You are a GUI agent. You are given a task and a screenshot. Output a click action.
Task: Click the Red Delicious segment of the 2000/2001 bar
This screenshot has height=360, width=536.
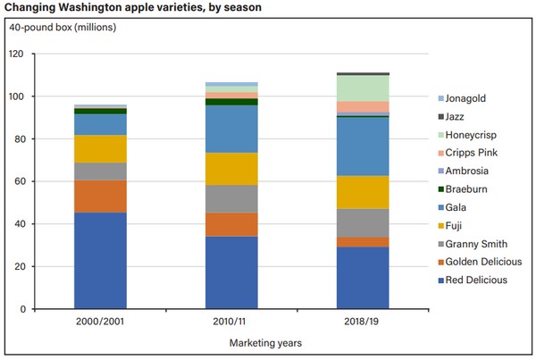(99, 260)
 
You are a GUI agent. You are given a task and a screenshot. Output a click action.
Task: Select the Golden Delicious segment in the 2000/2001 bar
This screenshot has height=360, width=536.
(99, 197)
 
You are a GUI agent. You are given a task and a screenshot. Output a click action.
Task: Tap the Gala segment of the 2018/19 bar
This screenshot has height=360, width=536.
(363, 147)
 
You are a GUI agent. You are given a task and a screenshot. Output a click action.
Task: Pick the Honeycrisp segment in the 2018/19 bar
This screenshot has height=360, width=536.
(363, 88)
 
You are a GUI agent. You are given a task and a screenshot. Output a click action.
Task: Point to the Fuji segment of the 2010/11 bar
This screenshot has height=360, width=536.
(231, 169)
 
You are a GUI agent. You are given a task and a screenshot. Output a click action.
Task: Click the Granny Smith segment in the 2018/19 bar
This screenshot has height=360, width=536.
(363, 222)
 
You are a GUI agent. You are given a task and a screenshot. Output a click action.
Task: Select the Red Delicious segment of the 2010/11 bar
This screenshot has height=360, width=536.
(231, 272)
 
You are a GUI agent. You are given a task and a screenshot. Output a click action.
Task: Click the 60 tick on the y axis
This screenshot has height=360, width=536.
(39, 181)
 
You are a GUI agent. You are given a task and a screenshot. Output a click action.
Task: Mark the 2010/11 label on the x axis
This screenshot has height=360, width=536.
(231, 322)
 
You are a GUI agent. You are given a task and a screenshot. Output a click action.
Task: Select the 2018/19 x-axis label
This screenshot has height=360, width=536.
(363, 322)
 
